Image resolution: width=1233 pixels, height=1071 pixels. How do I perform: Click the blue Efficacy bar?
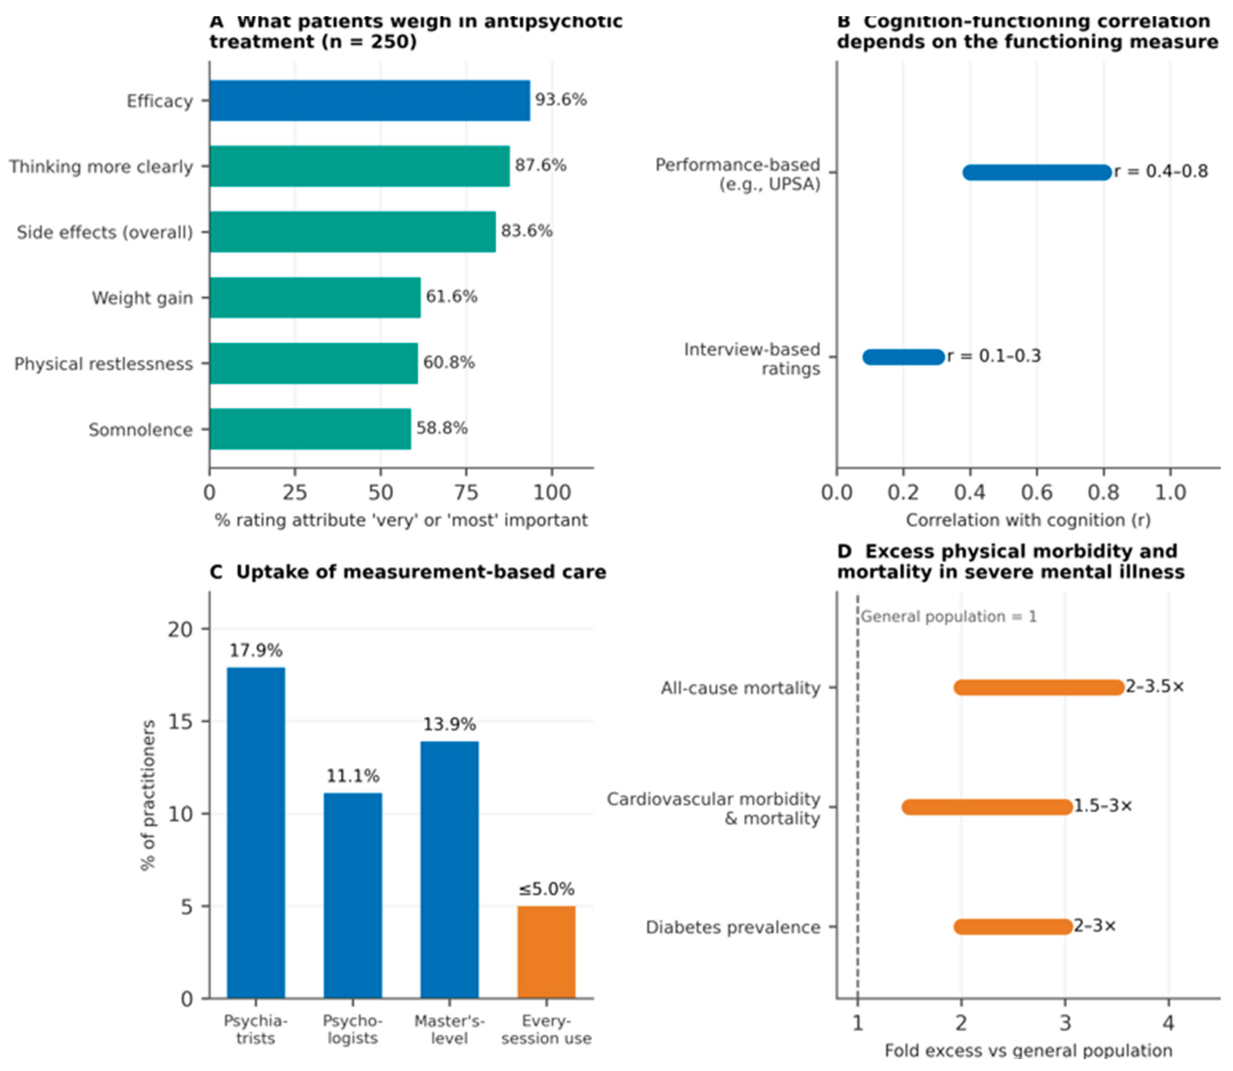tap(370, 100)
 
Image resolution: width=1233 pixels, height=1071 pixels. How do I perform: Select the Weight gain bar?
tap(315, 297)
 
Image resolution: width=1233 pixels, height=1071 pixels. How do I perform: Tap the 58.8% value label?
tap(442, 428)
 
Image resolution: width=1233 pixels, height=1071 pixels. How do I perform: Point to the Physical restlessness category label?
tap(103, 364)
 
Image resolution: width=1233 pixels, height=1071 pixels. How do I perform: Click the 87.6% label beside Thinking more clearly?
tap(540, 165)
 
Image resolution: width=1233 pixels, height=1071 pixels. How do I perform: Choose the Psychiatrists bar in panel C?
tap(256, 833)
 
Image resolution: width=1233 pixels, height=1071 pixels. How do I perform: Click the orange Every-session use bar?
tap(546, 952)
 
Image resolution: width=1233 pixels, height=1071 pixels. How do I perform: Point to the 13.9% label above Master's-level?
tap(449, 724)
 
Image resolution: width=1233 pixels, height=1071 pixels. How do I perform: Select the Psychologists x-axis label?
tap(353, 1029)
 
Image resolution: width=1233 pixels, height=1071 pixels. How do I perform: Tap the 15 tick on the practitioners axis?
tap(181, 721)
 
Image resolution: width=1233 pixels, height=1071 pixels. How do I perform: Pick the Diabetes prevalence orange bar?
tap(1013, 926)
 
